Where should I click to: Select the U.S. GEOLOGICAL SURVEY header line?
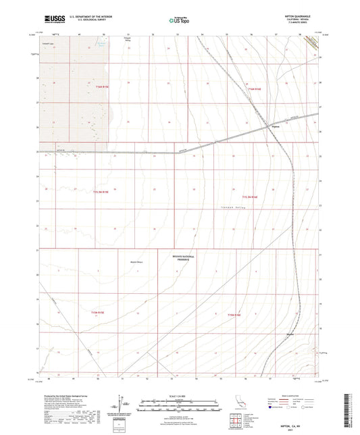[x=84, y=22]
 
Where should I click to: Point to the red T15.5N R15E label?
[x=101, y=192]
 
